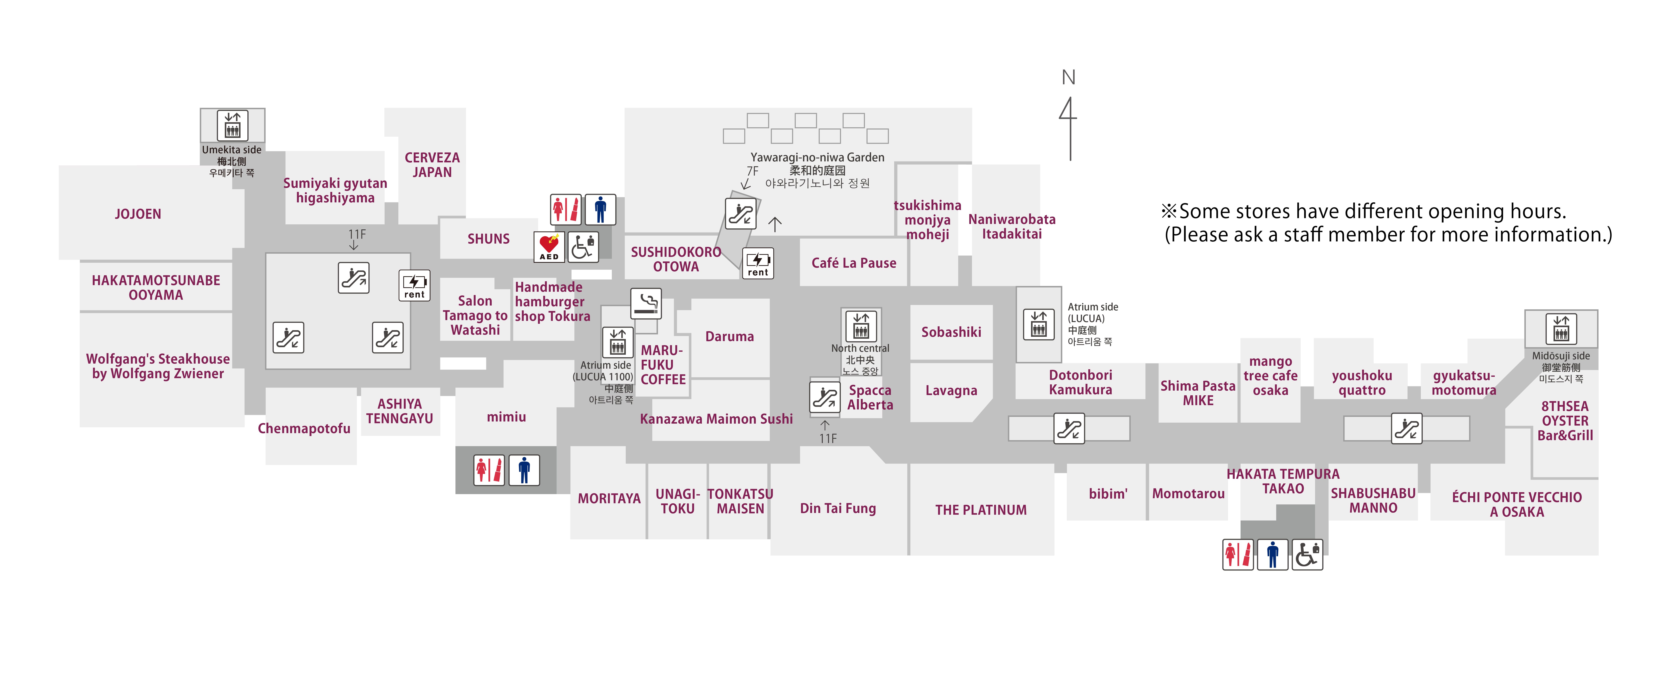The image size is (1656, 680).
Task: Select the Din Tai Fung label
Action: click(838, 508)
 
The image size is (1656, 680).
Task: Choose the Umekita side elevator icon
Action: click(232, 125)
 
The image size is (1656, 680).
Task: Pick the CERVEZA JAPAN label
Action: click(432, 165)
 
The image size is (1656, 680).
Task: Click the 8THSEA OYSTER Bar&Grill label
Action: click(1565, 421)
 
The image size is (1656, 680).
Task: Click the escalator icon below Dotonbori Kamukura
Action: click(1069, 428)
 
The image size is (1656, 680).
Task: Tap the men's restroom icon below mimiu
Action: click(524, 470)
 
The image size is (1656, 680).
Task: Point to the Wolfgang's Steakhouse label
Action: click(158, 366)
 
